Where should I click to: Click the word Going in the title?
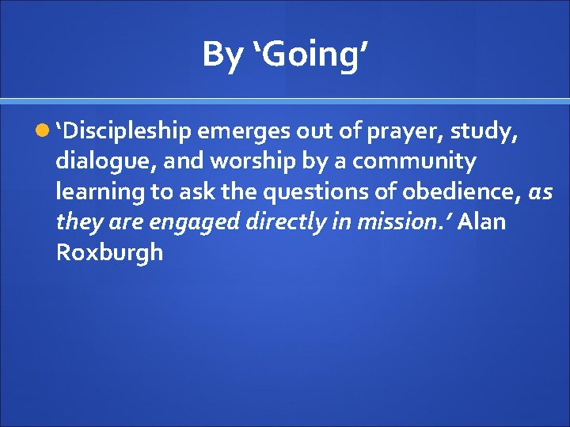(312, 55)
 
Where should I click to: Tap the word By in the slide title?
(222, 55)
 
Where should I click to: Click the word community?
(414, 162)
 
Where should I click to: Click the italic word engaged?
(196, 222)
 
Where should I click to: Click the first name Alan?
(481, 222)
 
